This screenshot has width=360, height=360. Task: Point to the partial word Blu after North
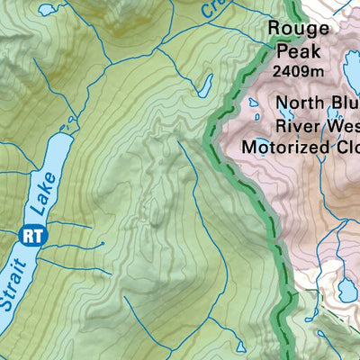tap(344, 103)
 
